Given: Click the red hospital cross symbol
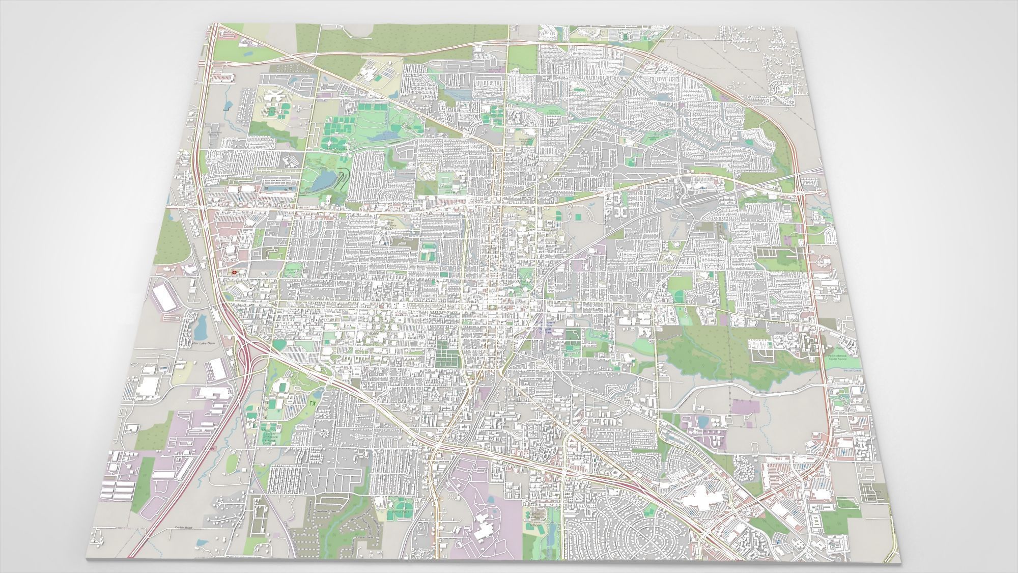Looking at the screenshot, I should pyautogui.click(x=234, y=272).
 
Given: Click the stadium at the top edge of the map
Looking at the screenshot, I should pyautogui.click(x=623, y=36).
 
